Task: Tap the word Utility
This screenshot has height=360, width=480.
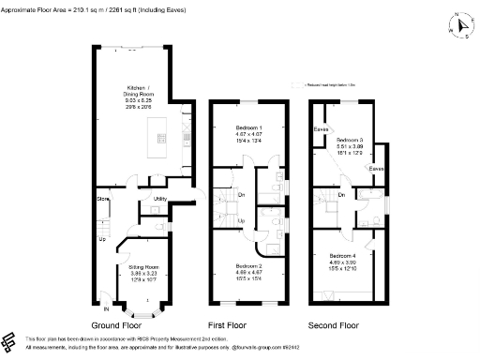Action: pyautogui.click(x=160, y=200)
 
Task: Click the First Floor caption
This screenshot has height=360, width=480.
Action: pyautogui.click(x=239, y=325)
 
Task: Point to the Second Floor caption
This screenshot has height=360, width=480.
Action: pyautogui.click(x=335, y=325)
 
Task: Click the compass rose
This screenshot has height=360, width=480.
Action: pyautogui.click(x=461, y=26)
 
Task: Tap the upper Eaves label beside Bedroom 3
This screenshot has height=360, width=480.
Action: pyautogui.click(x=321, y=128)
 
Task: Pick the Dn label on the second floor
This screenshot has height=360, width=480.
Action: pyautogui.click(x=342, y=195)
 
